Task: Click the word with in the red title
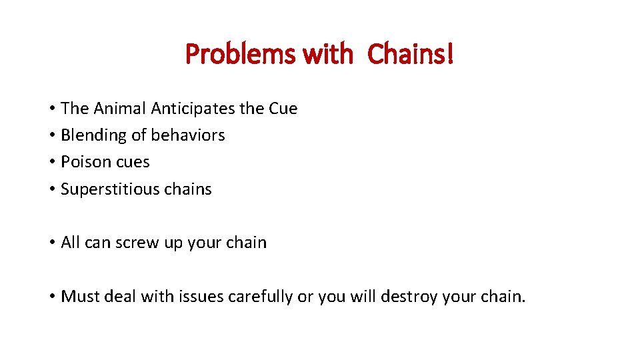pyautogui.click(x=327, y=54)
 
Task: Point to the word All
pyautogui.click(x=70, y=243)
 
